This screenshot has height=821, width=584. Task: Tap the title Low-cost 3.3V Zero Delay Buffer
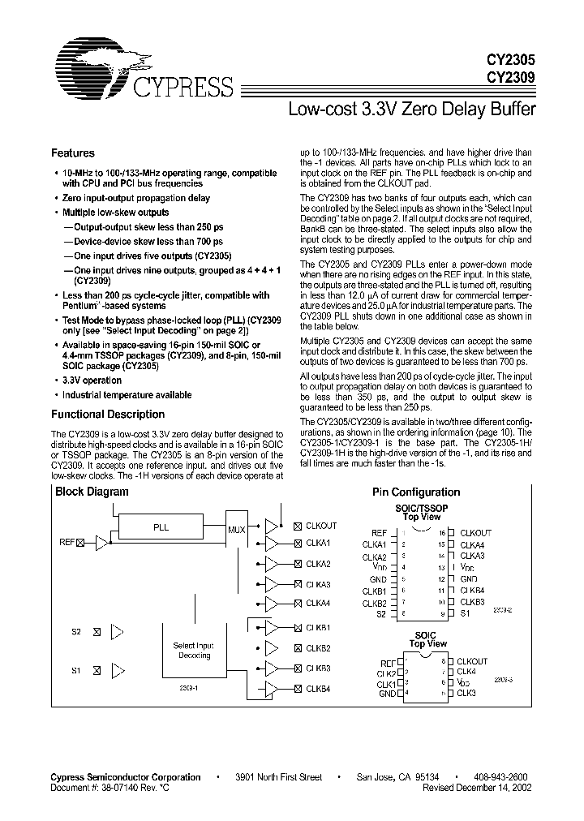pyautogui.click(x=412, y=109)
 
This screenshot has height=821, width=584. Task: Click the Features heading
pyautogui.click(x=73, y=153)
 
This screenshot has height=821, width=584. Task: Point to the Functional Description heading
pyautogui.click(x=108, y=415)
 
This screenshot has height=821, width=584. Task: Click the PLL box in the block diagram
pyautogui.click(x=161, y=527)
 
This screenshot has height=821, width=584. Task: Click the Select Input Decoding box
pyautogui.click(x=194, y=650)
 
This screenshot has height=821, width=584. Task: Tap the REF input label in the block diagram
pyautogui.click(x=67, y=541)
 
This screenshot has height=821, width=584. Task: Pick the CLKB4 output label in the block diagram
pyautogui.click(x=318, y=689)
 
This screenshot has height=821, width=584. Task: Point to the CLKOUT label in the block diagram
pyautogui.click(x=320, y=525)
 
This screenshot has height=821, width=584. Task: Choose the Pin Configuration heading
pyautogui.click(x=416, y=492)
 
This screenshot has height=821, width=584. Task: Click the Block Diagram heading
pyautogui.click(x=92, y=492)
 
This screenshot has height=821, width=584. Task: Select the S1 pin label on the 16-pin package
pyautogui.click(x=466, y=613)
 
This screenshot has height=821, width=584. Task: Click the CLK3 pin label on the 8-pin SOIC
pyautogui.click(x=466, y=693)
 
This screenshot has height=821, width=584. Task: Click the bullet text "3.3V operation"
pyautogui.click(x=92, y=380)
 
